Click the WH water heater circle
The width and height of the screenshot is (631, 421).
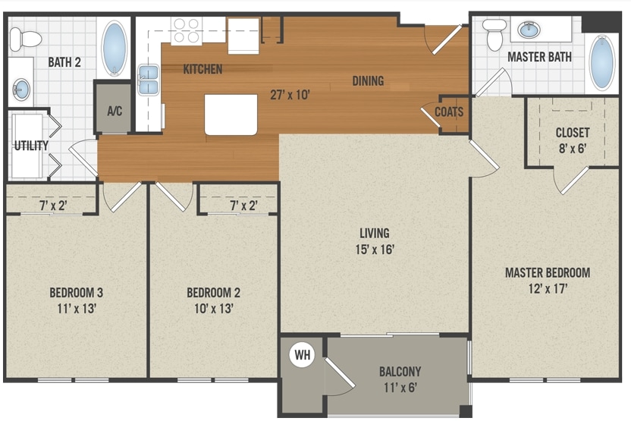coord(303,354)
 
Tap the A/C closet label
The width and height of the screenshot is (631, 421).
coord(115,111)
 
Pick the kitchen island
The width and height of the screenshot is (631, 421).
coord(231,115)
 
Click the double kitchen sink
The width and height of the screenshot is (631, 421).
coord(148,79)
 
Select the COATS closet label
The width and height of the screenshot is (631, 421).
coord(449,112)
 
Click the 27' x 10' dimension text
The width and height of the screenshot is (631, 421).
coord(290,96)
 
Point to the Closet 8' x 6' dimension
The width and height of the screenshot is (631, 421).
coord(572,149)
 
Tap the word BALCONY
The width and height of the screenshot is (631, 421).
coord(400,372)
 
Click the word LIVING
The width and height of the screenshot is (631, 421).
coord(375,233)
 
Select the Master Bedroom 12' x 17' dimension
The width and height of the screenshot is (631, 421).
coord(547,288)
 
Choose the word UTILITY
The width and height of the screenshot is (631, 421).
coord(30,146)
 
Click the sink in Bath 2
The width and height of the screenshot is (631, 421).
coord(21,90)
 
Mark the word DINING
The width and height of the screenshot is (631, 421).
coord(368,80)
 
